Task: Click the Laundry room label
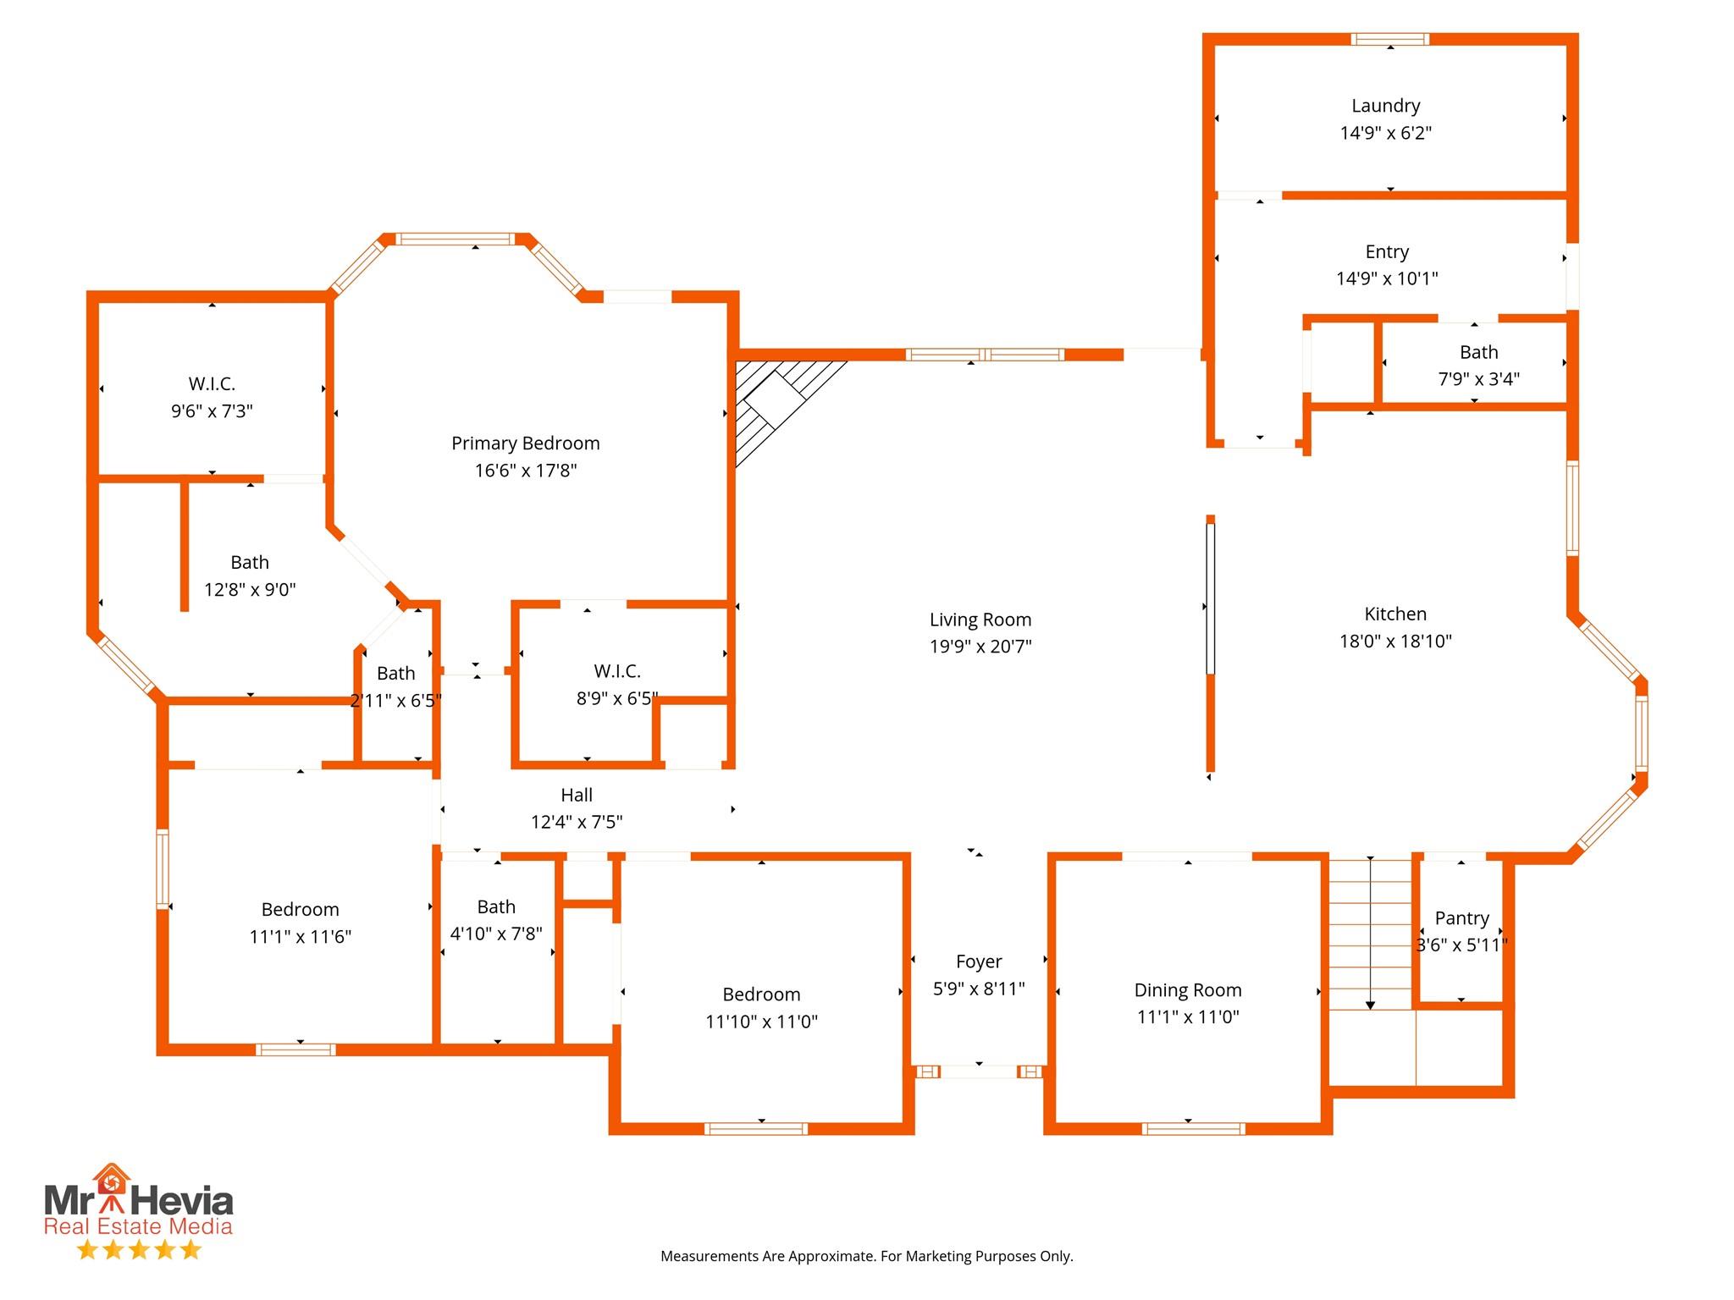tap(1385, 107)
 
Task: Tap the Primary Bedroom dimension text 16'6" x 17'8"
tap(526, 471)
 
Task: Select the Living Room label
tap(980, 620)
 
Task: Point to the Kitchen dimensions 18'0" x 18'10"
tap(1395, 642)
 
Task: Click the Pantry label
tap(1461, 918)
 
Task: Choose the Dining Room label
tap(1188, 990)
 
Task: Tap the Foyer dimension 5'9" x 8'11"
tap(979, 989)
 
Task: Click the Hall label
tap(577, 795)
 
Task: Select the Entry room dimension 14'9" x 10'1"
tap(1387, 278)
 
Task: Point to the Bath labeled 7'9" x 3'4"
tap(1478, 352)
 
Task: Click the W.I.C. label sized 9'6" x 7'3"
tap(212, 384)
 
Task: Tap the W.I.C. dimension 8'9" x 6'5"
tap(617, 699)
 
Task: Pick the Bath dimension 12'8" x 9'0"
tap(250, 590)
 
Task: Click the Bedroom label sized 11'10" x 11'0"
tap(761, 994)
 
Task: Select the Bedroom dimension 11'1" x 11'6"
tap(300, 937)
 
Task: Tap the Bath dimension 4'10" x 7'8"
tap(496, 934)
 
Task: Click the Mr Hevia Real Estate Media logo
tap(139, 1211)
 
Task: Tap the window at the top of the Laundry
tap(1390, 39)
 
